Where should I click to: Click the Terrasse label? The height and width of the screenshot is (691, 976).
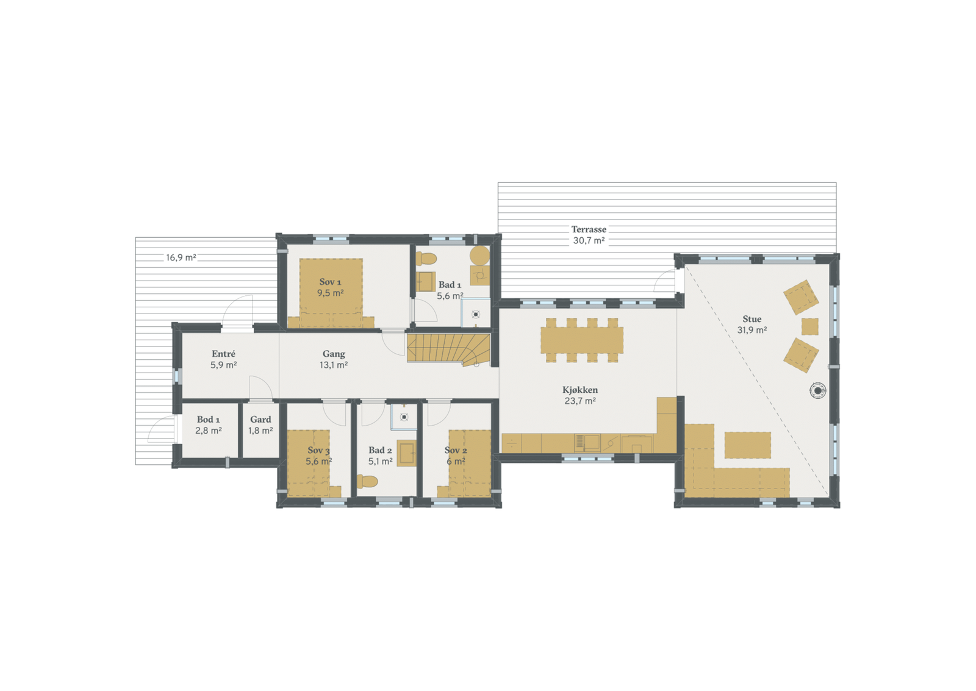589,230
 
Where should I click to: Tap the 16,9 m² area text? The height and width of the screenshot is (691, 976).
181,257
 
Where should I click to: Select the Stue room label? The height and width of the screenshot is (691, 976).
752,319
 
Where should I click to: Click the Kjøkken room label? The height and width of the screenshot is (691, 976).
579,390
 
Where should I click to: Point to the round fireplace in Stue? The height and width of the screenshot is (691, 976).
817,390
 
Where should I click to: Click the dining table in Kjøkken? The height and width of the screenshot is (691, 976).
581,340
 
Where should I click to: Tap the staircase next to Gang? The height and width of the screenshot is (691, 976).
448,349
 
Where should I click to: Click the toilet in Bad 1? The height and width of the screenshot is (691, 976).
426,258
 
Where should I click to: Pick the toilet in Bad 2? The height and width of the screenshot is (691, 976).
367,481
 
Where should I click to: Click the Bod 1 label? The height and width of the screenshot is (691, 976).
208,420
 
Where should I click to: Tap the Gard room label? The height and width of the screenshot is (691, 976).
260,420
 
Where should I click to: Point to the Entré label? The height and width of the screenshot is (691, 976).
223,354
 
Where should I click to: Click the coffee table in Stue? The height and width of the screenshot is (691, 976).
747,445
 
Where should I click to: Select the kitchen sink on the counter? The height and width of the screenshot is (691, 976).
587,442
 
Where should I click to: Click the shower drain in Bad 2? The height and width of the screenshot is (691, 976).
404,417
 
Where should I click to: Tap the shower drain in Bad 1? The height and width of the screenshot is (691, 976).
476,315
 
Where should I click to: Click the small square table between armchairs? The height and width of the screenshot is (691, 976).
809,326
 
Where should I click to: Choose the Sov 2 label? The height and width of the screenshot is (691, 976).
456,450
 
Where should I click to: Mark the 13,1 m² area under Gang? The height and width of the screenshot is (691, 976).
334,365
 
